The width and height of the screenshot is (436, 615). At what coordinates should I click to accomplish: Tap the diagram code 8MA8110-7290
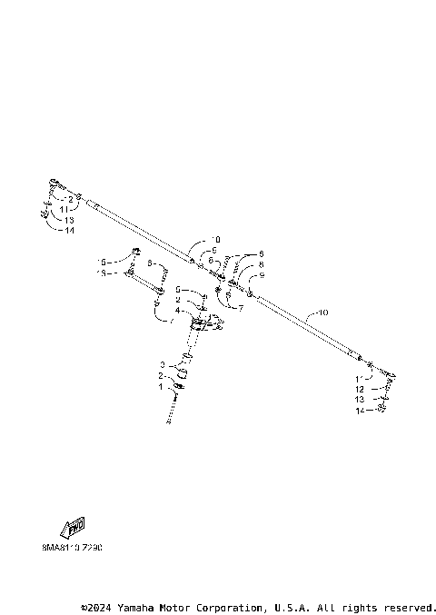72,549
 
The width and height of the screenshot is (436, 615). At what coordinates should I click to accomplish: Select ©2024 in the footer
96,607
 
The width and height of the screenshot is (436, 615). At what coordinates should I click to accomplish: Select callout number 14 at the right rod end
360,411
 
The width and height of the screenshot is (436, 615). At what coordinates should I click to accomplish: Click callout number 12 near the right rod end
360,388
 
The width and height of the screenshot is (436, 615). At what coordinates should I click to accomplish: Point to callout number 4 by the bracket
178,311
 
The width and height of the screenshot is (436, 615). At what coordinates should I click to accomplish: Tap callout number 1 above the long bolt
162,386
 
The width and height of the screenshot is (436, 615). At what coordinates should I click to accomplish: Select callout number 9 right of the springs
262,275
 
